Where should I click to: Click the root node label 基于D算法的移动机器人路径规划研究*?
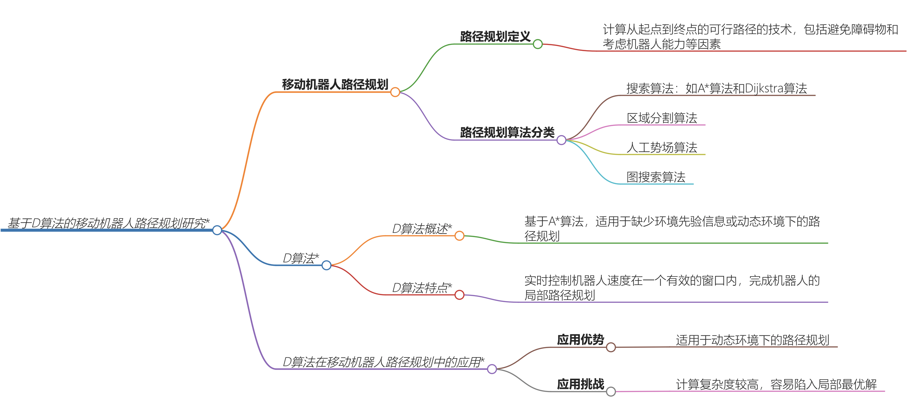coord(108,223)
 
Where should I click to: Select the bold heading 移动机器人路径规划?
coord(335,85)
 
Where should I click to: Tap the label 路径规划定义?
coord(495,37)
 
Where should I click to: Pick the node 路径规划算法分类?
coord(507,132)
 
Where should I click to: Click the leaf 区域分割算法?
coord(662,118)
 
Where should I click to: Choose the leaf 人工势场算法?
coord(662,147)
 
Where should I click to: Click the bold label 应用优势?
coord(580,339)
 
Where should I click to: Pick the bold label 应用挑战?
coord(580,384)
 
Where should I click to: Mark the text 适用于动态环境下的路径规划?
coord(752,340)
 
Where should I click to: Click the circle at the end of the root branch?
coord(217,230)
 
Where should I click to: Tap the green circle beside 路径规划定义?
coord(538,44)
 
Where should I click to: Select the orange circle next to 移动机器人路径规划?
coord(395,92)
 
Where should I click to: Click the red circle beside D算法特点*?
coord(459,295)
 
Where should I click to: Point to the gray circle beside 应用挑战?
coord(611,392)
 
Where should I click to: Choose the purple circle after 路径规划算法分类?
coord(561,140)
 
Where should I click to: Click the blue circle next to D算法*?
coord(326,265)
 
